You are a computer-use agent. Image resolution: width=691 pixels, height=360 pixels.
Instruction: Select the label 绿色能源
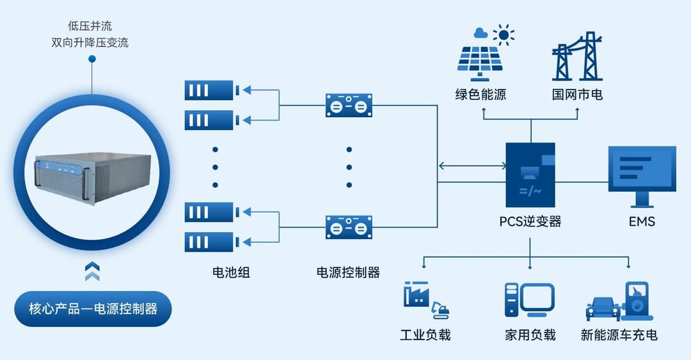[481, 95]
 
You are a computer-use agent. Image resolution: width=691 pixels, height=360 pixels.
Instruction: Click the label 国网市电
[577, 95]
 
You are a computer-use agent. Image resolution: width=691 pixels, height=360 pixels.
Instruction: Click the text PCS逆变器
[530, 222]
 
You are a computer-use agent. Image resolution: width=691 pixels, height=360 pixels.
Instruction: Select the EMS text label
[641, 222]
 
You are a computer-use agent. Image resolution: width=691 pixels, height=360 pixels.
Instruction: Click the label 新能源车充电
[619, 335]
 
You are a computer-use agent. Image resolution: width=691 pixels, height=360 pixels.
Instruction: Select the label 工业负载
[425, 335]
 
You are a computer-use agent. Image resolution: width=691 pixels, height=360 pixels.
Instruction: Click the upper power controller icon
[349, 104]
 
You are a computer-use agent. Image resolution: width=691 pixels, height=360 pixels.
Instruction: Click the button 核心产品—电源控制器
[93, 309]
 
